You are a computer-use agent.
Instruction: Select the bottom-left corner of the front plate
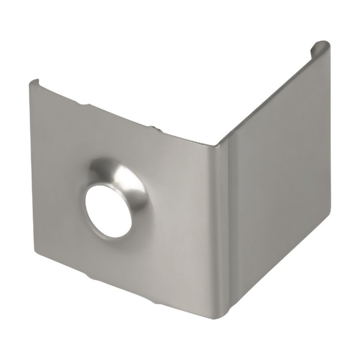[x=36, y=256]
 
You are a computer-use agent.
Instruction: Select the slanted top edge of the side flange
[x=266, y=100]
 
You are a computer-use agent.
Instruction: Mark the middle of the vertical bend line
[x=222, y=230]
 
